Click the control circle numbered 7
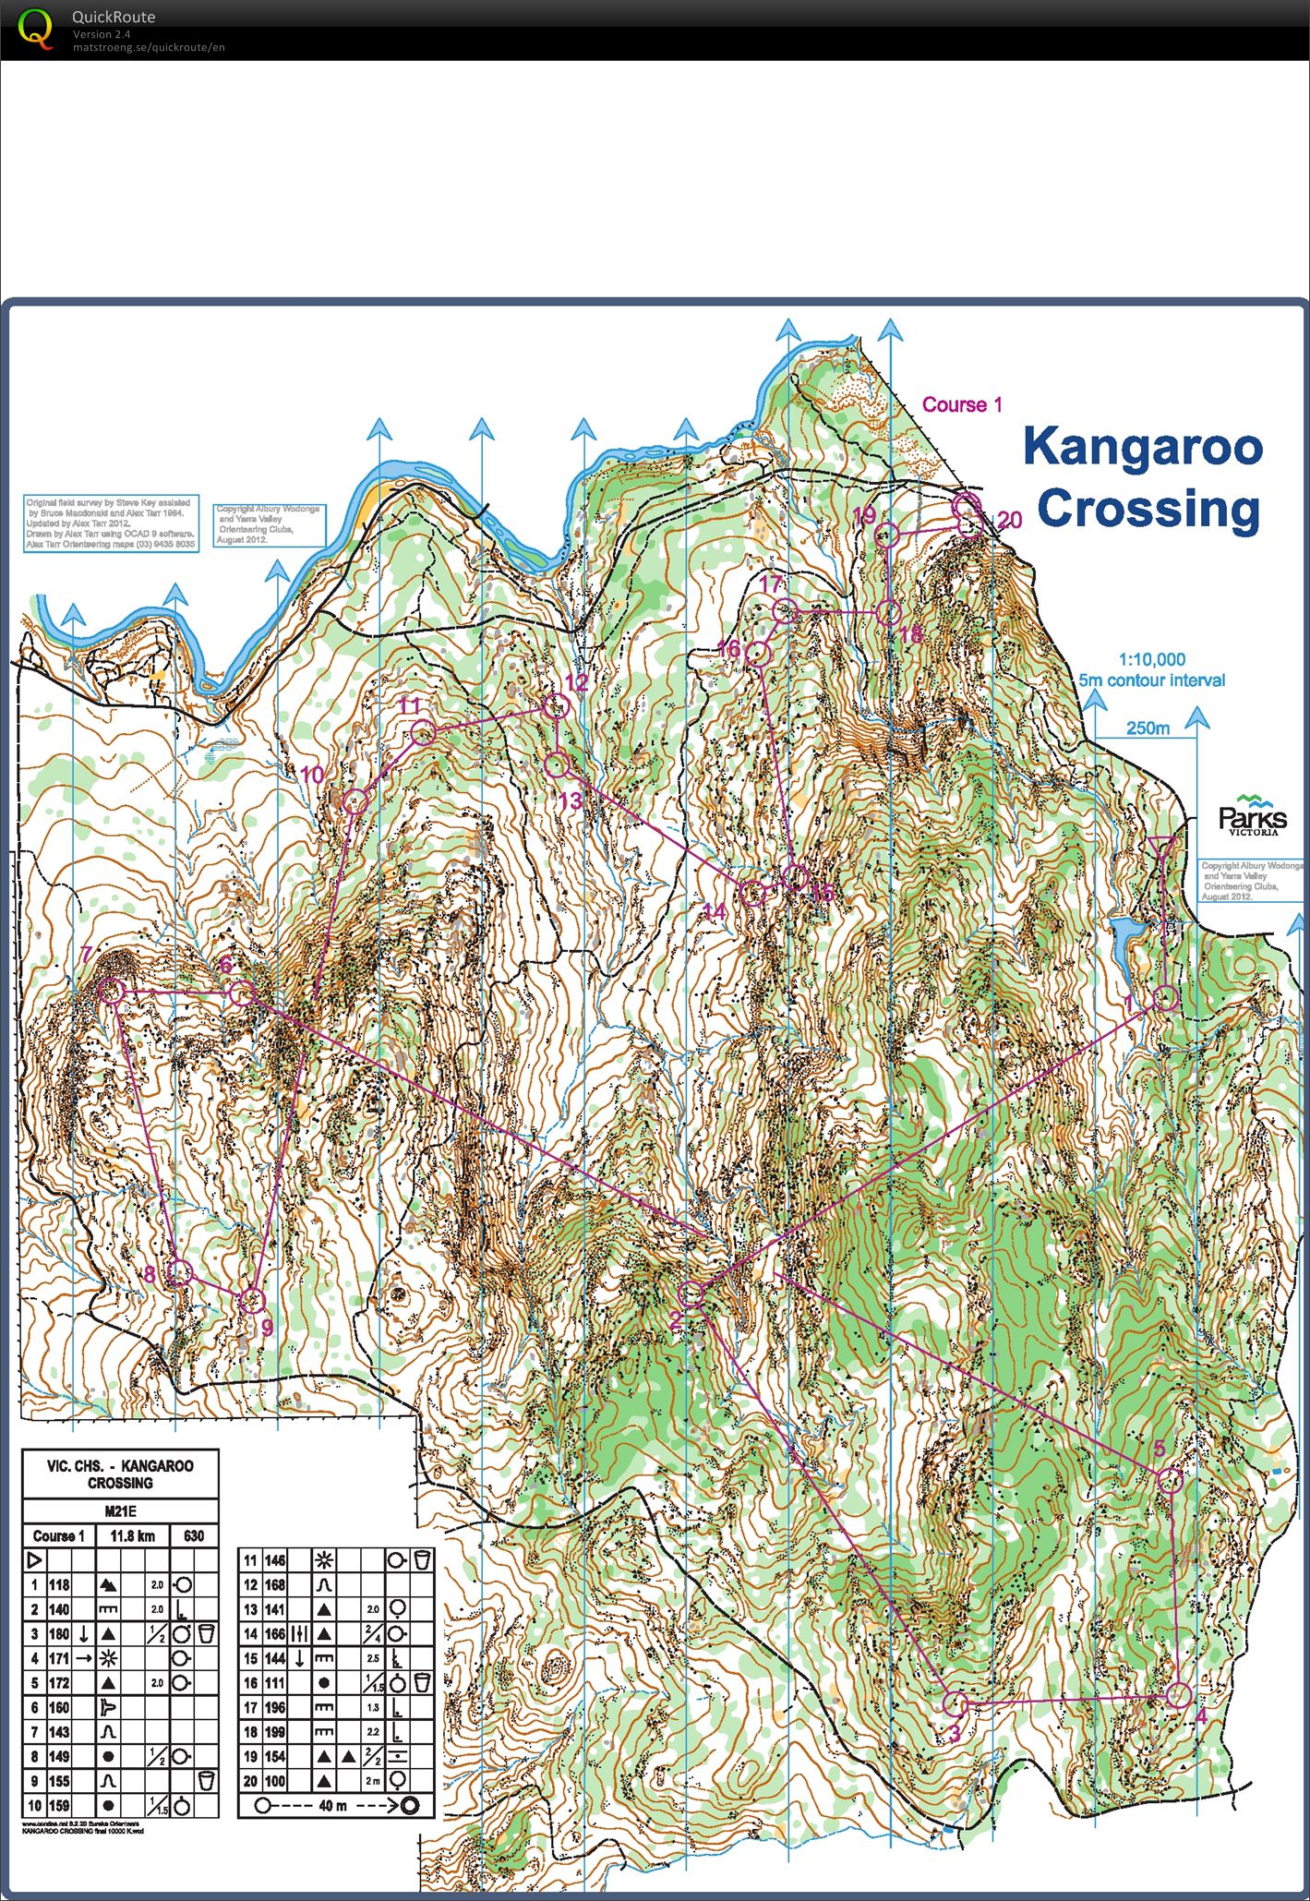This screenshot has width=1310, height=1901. pos(112,991)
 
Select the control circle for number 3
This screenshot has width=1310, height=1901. pos(956,1704)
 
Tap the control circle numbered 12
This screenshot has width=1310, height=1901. pos(555,707)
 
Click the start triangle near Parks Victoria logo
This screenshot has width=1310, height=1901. pos(1163,847)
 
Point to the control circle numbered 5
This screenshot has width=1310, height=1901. pos(1170,1481)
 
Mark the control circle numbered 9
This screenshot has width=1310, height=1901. pos(252,1301)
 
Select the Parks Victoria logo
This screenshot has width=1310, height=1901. pos(1252,815)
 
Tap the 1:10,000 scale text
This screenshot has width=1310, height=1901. pos(1151,659)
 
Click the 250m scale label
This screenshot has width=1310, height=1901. pos(1148,728)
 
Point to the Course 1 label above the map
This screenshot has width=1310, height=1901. pos(962,404)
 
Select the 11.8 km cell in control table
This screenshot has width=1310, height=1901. pos(133,1536)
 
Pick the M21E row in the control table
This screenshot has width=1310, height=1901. pos(120,1511)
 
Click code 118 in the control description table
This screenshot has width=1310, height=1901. pos(59,1585)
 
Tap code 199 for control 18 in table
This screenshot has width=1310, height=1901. pos(275,1732)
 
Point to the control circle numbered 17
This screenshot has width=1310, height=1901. pos(784,610)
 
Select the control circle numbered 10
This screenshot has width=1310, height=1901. pos(355,800)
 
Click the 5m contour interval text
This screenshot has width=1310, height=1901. pos(1151,680)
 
